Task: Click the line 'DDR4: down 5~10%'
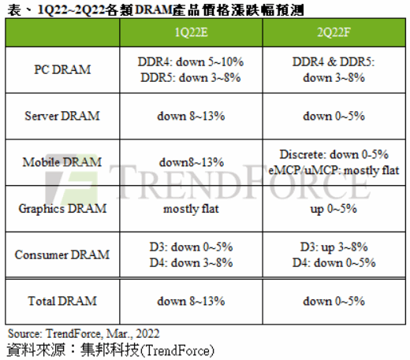[x=191, y=61]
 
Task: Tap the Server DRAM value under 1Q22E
[x=191, y=116]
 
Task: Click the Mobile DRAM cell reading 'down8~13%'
[x=191, y=161]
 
